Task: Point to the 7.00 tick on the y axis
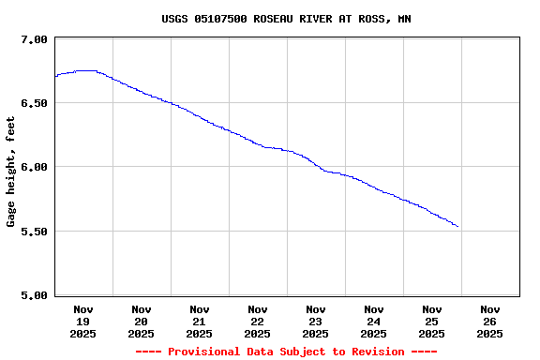33,40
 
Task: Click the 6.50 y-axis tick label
33,104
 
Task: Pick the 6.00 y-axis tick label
33,168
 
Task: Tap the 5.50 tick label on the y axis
33,232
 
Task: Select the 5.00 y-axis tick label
33,296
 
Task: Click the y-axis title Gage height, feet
11,172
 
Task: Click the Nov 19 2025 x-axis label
83,321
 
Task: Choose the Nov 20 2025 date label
142,321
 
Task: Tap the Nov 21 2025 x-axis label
200,321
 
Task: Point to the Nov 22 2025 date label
258,321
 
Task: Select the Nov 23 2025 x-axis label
316,321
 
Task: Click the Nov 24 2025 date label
374,321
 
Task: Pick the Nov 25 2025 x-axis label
432,321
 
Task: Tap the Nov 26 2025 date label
490,321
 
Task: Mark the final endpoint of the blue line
457,227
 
